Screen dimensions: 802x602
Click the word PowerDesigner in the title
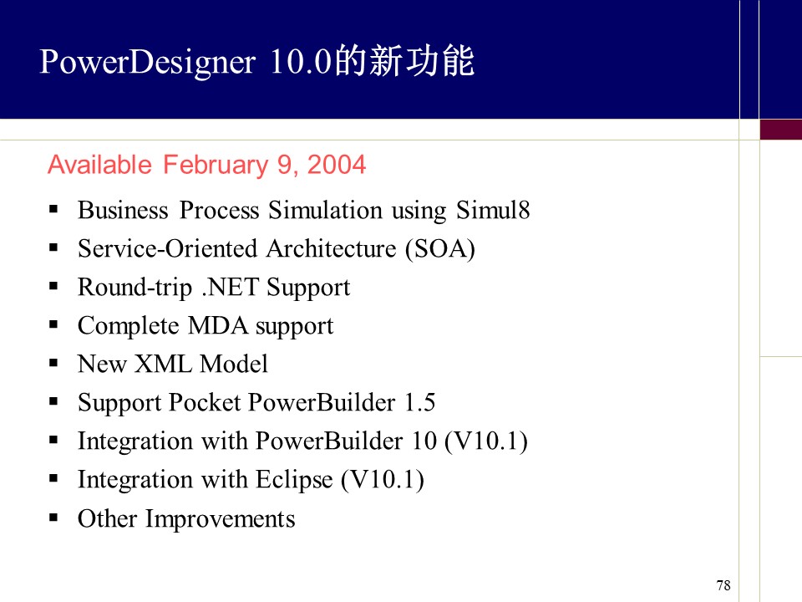pos(147,63)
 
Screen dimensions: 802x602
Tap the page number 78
pos(723,585)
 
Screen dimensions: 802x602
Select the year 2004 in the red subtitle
pos(337,165)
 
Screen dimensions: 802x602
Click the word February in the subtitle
pos(216,166)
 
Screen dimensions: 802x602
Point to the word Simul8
pos(493,210)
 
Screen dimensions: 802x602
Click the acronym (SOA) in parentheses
pos(440,249)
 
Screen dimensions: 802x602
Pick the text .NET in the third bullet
pos(231,287)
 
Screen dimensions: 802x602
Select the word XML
pos(164,364)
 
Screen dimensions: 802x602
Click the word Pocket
pos(205,402)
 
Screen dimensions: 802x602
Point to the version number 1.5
pos(419,402)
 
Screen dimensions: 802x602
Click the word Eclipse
pos(294,480)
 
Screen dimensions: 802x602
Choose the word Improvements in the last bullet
pos(221,519)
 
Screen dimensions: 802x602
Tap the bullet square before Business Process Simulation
pos(53,209)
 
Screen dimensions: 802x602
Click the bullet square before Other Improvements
pos(53,518)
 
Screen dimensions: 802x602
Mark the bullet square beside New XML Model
pos(53,363)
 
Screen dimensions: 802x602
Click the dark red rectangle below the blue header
pos(780,129)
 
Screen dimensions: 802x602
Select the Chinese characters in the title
pos(404,61)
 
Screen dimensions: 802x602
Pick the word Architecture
pos(332,249)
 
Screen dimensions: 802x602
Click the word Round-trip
pos(135,288)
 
